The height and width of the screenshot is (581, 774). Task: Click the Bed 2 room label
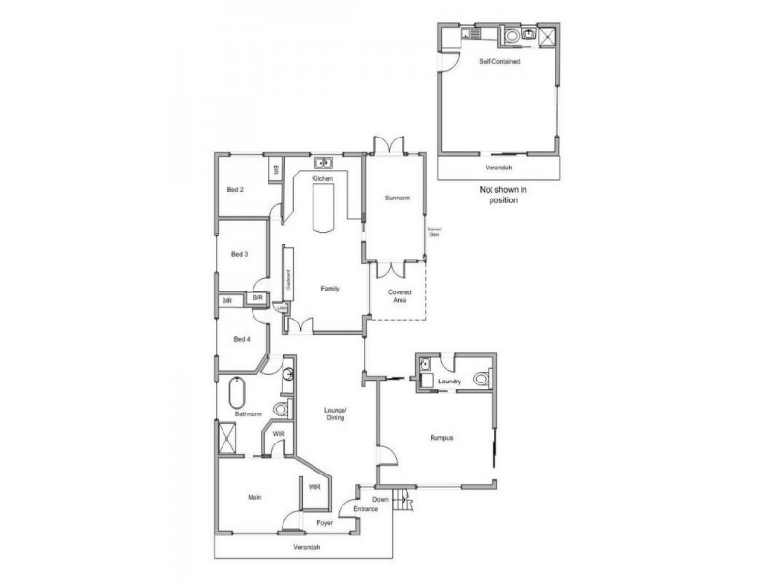(x=235, y=189)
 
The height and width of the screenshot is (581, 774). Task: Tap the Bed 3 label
(x=240, y=255)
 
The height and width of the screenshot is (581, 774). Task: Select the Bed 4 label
(x=241, y=339)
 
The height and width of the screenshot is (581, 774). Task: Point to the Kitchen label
(x=322, y=180)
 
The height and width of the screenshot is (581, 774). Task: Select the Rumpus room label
(x=442, y=438)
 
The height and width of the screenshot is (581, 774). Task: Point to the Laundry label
(x=448, y=382)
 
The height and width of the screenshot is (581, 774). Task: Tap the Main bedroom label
(x=254, y=497)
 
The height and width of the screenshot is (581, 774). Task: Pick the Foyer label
(x=325, y=524)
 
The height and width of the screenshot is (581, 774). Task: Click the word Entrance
(x=366, y=509)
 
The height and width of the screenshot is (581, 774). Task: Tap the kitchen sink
(x=323, y=162)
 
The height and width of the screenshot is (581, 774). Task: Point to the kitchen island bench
(x=323, y=208)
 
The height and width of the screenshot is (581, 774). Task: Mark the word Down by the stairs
(x=381, y=500)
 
